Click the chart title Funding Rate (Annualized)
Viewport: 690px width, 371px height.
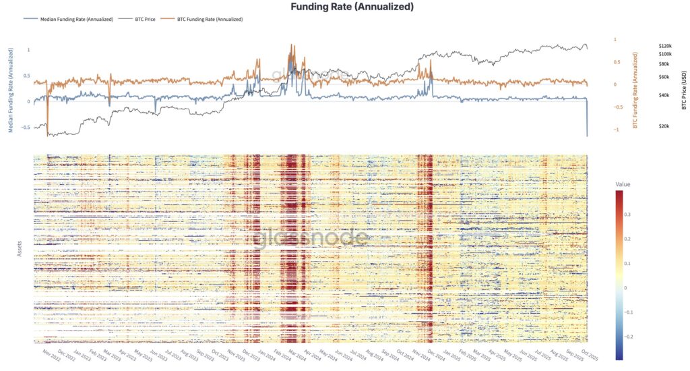point(351,7)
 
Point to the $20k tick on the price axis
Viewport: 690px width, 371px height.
point(664,126)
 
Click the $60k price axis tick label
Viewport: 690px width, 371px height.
point(664,77)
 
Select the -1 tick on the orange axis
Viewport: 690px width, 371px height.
point(615,130)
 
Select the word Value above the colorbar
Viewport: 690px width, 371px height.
point(623,183)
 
